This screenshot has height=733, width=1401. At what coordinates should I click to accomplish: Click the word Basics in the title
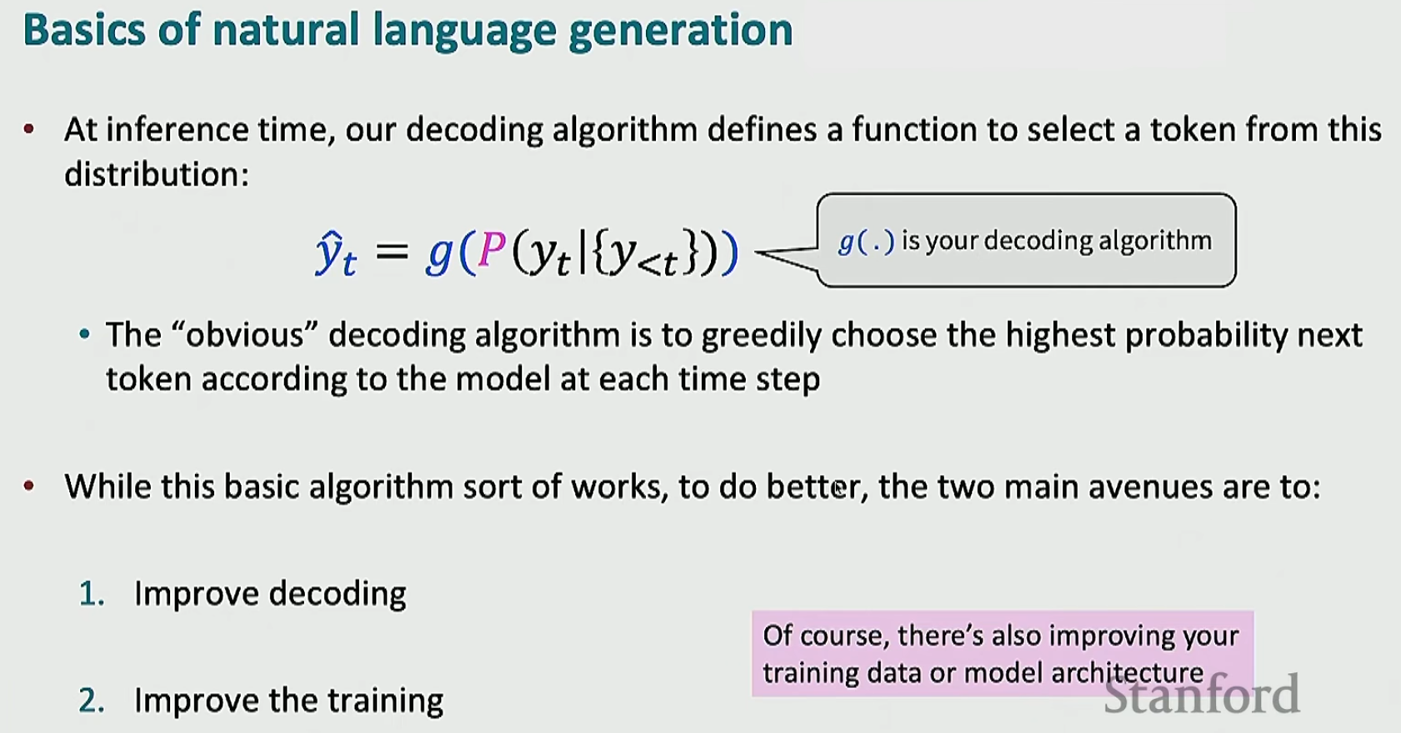(x=85, y=29)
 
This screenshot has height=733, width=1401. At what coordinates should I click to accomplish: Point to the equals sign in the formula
(x=393, y=252)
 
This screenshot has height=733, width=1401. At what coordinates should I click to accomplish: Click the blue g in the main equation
(x=440, y=255)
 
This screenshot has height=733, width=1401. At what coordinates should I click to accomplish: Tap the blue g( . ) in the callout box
(x=866, y=242)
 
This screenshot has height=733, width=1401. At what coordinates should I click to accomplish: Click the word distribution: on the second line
(x=157, y=174)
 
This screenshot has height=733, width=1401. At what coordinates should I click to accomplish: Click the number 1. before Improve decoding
(x=92, y=594)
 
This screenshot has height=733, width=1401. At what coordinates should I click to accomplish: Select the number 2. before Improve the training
(x=92, y=701)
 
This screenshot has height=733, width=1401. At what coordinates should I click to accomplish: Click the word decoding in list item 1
(x=338, y=595)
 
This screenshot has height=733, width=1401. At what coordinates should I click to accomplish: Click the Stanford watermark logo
(x=1202, y=694)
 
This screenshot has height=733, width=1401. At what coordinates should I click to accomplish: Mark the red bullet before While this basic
(x=29, y=486)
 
